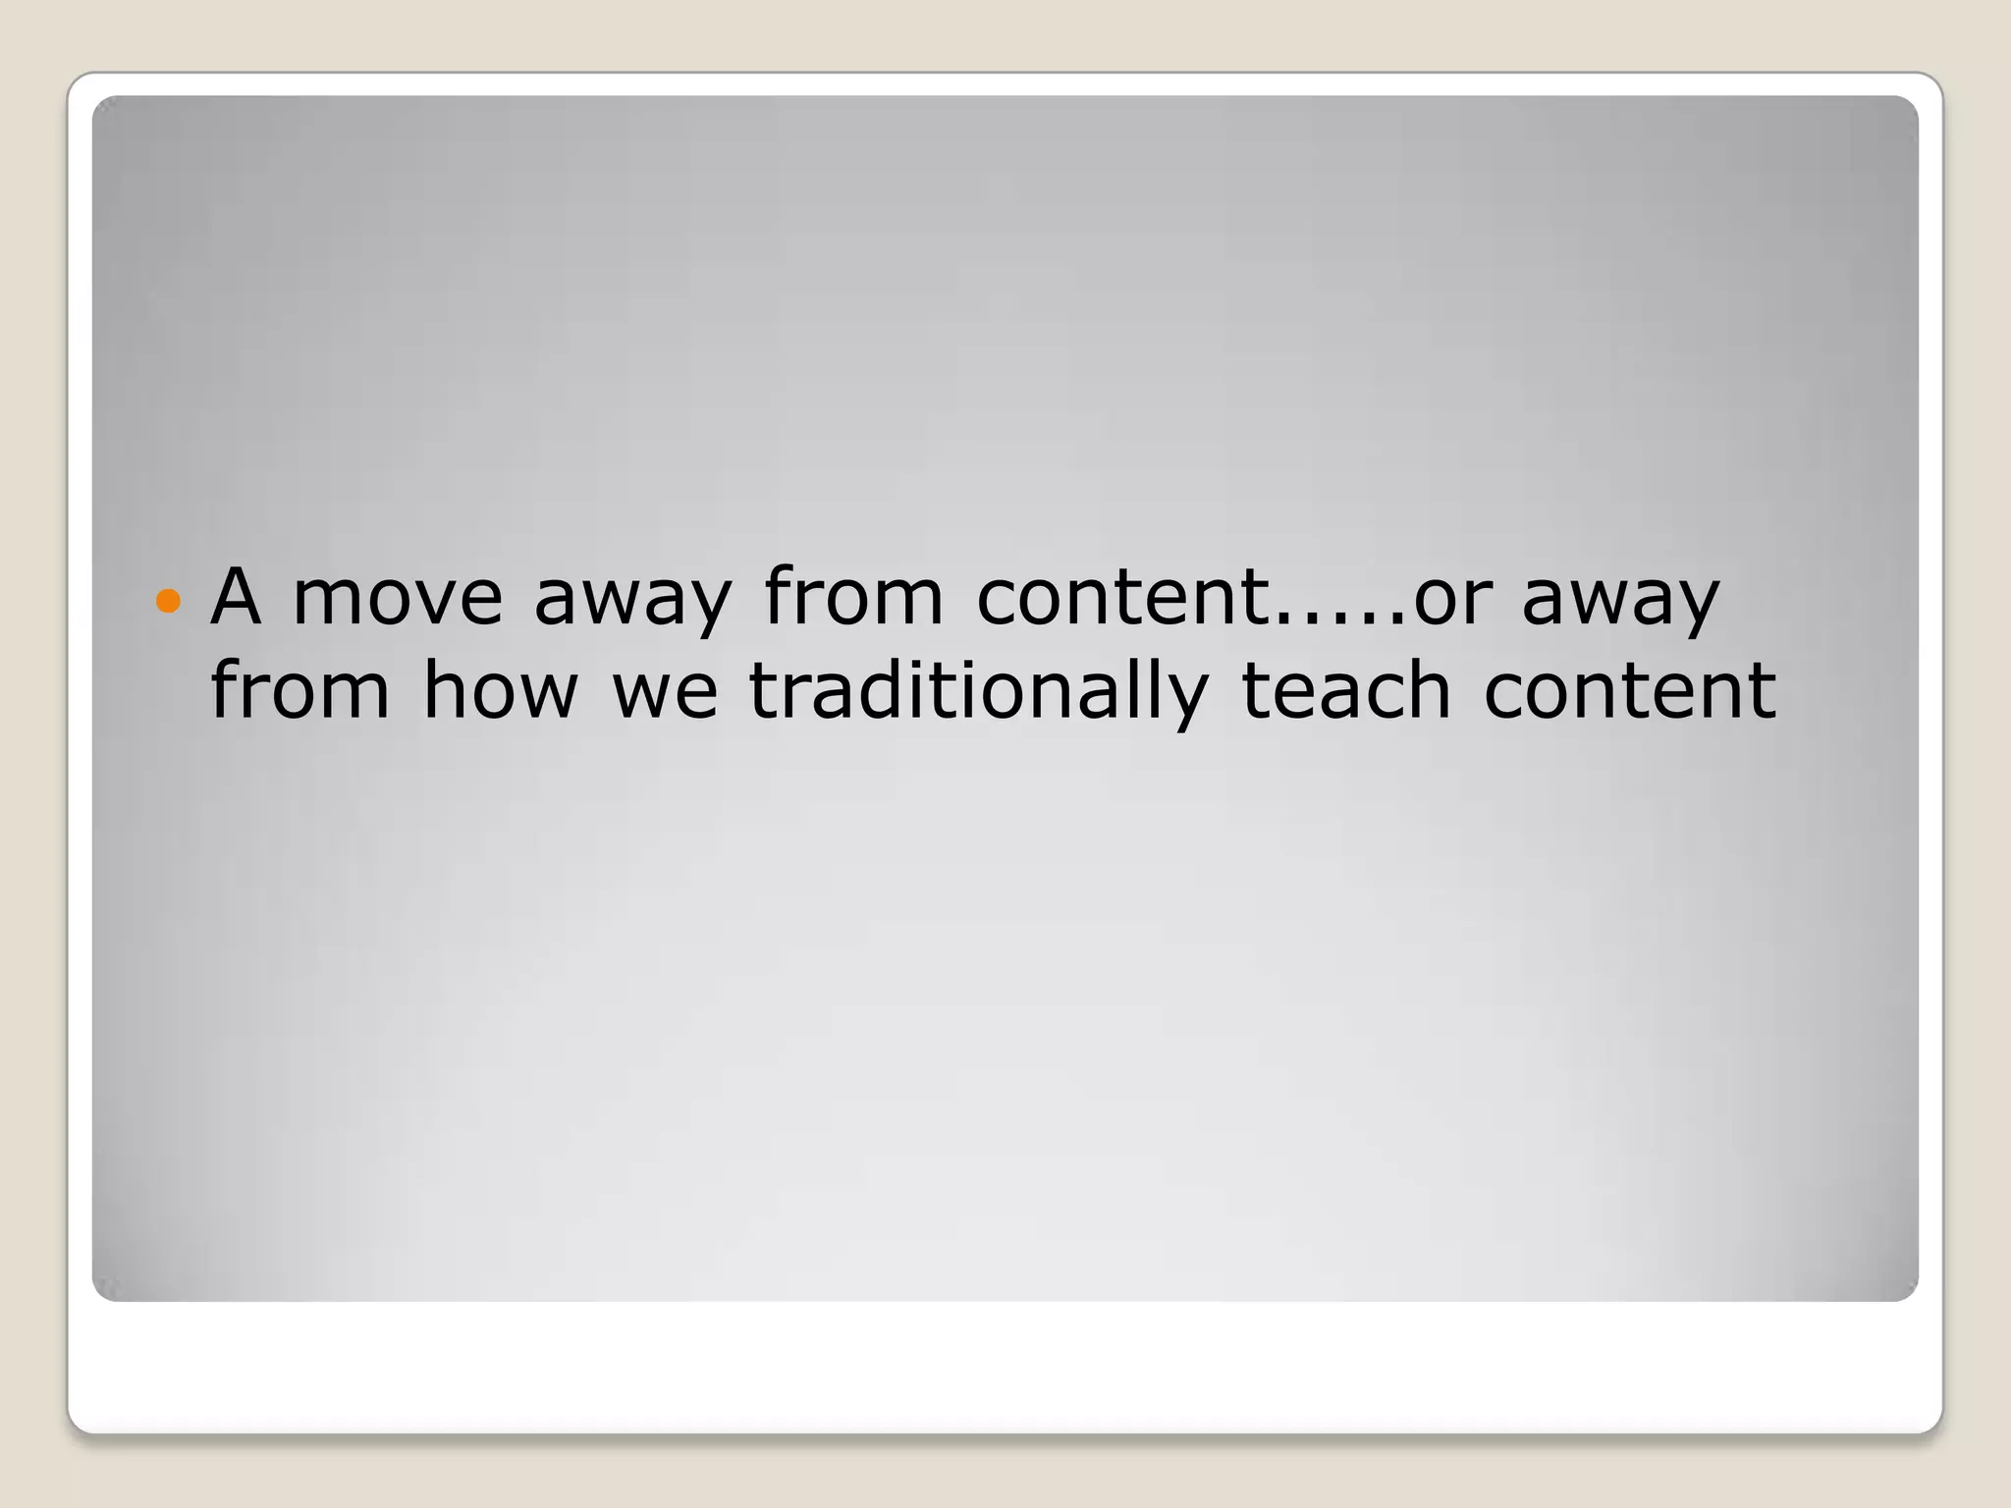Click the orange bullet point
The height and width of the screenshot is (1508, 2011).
point(169,600)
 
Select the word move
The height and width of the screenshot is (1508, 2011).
point(398,597)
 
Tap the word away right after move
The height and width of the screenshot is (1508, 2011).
point(633,599)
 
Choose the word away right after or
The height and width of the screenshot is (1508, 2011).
point(1620,599)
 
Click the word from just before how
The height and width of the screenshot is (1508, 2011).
point(300,689)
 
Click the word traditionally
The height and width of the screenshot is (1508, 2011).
point(978,691)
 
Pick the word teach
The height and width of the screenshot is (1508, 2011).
point(1346,689)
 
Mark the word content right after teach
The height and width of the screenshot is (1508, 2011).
point(1630,689)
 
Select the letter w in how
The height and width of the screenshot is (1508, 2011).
point(546,693)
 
